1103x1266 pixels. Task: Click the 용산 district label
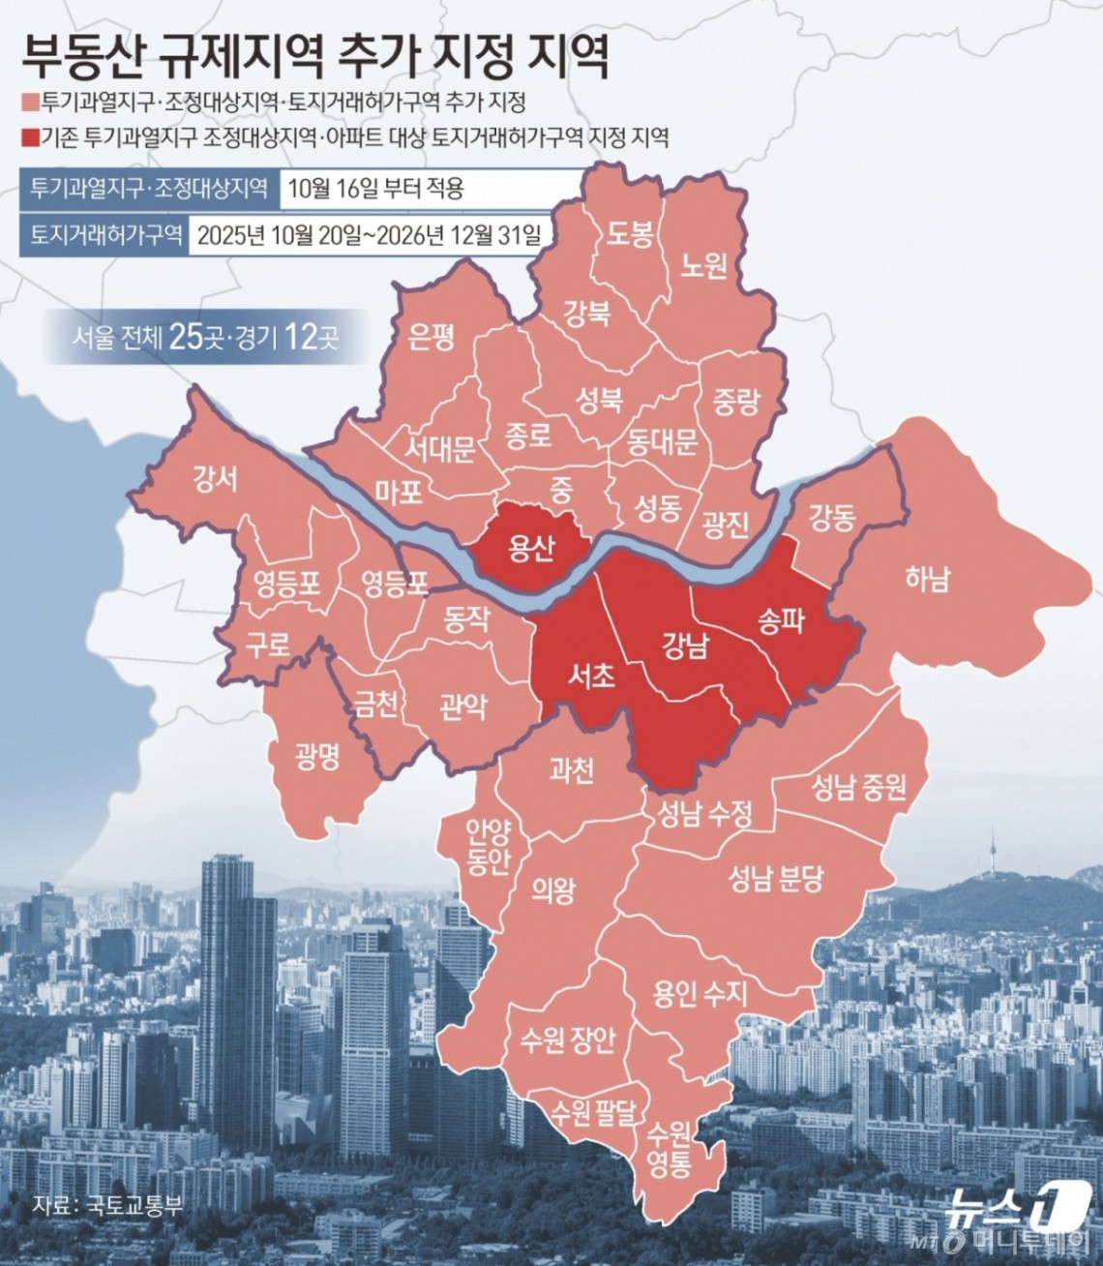(531, 549)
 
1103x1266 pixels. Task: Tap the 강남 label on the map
(685, 644)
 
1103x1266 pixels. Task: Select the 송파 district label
(781, 619)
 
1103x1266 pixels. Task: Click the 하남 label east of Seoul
(927, 579)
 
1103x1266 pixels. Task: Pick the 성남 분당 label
(776, 878)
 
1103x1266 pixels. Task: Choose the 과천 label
(571, 770)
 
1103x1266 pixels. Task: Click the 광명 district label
(317, 756)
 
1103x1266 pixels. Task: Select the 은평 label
(432, 336)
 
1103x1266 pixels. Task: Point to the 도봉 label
(630, 234)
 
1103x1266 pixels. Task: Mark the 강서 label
(215, 479)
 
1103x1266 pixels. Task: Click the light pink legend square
(25, 103)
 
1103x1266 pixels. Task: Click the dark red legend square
(25, 136)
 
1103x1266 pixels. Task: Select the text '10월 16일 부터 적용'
(375, 188)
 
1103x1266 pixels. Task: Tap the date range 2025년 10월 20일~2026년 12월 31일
(369, 236)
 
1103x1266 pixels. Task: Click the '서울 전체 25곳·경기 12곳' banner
(205, 337)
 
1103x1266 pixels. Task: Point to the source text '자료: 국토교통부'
(106, 1206)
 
